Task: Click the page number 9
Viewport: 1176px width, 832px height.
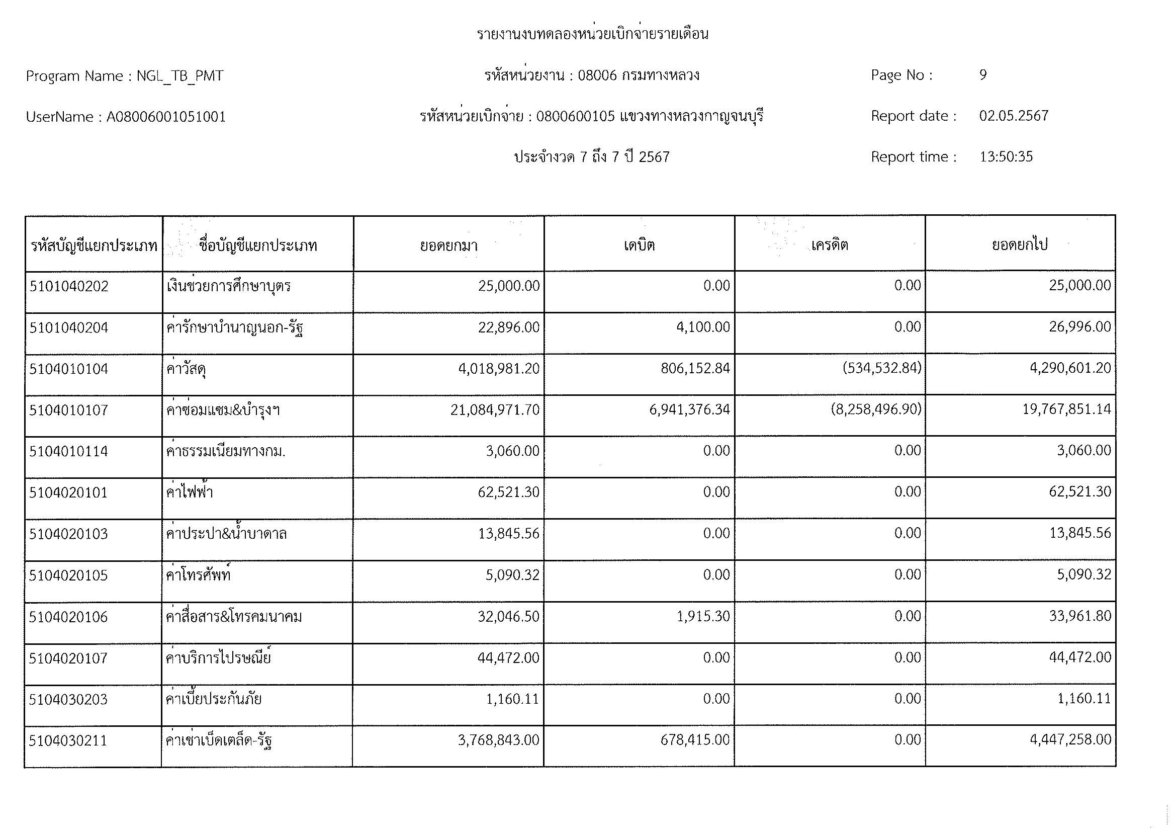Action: pos(982,75)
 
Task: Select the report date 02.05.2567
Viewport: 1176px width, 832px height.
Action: pos(1014,116)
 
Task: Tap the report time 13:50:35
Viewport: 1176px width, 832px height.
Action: pos(1006,157)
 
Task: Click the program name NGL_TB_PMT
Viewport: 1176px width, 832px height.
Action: pos(180,76)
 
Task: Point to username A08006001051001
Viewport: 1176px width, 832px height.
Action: pos(166,117)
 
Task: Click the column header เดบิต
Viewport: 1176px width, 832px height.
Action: pos(639,245)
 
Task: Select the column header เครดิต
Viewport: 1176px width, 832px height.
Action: pos(829,245)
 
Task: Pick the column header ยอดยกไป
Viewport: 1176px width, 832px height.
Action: pos(1019,245)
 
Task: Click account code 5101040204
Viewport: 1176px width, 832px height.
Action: pos(69,328)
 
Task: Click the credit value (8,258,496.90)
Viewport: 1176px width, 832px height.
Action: pos(876,409)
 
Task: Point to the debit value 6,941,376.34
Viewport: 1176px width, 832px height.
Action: pos(689,410)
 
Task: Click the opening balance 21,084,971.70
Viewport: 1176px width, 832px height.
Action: pos(495,410)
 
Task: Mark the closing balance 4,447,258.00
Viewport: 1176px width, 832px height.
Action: pos(1070,740)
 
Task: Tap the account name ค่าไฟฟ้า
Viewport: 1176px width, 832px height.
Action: pos(190,492)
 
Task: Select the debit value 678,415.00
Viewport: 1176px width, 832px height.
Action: pos(695,740)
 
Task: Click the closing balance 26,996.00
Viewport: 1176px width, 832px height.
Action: pos(1079,327)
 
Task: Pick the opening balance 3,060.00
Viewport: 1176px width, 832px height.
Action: pos(512,451)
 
